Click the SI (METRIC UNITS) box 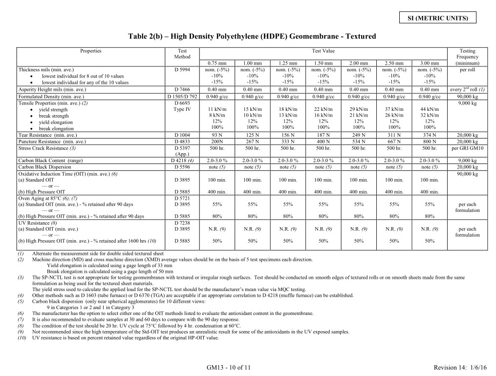[x=438, y=18]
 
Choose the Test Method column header [x=182, y=54]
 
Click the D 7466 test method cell [x=182, y=89]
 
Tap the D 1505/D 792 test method [x=182, y=96]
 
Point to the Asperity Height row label [x=52, y=89]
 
